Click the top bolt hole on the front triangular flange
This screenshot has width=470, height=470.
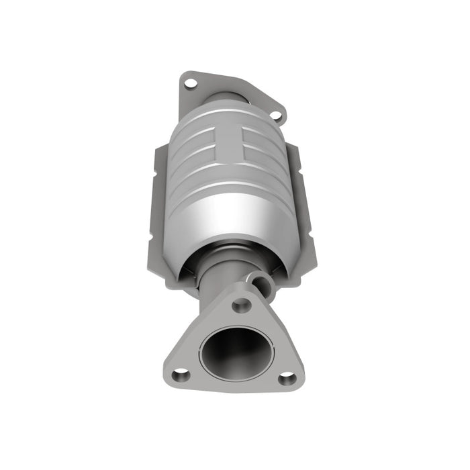241,305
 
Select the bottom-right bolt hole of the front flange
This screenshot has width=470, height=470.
287,378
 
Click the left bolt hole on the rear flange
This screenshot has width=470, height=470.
190,83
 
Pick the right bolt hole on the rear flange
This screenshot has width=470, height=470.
275,115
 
